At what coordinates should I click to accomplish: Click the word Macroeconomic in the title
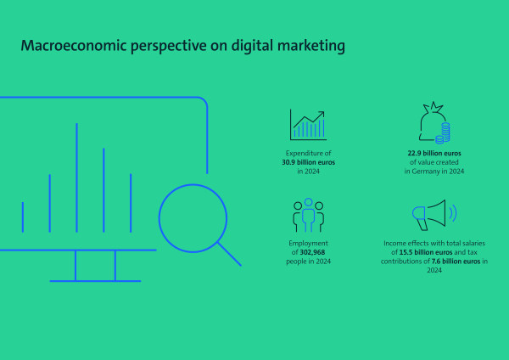point(74,46)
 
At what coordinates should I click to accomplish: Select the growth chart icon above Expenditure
point(309,125)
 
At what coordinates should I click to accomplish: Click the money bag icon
point(434,123)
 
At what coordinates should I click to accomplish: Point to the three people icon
point(309,215)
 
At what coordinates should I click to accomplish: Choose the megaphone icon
point(434,215)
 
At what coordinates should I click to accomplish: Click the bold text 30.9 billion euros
point(309,162)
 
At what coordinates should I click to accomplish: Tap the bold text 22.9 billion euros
point(434,153)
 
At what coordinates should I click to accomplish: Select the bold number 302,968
point(312,252)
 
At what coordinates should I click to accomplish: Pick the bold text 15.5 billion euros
point(426,252)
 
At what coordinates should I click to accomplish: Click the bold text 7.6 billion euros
point(456,262)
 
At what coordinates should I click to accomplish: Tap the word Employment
point(309,244)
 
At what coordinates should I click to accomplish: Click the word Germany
point(424,172)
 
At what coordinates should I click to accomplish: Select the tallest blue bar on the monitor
point(76,177)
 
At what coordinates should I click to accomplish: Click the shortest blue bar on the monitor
point(23,217)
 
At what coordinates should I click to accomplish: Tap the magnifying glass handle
point(230,254)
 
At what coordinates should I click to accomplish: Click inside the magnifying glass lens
point(193,218)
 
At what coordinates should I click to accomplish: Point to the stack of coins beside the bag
point(443,133)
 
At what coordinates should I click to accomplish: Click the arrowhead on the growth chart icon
point(321,115)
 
